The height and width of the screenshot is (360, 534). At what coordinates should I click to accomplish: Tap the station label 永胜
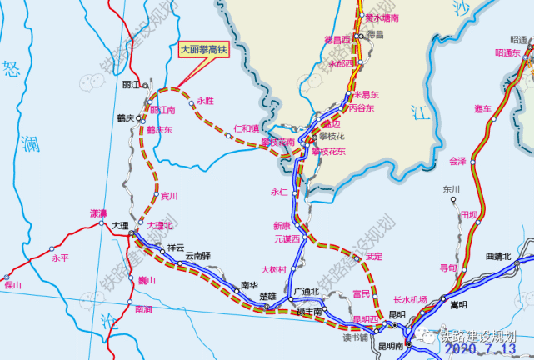coord(205,101)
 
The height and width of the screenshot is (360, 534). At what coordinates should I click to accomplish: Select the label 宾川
coord(169,196)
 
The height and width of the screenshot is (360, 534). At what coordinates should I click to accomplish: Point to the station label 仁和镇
coord(246,129)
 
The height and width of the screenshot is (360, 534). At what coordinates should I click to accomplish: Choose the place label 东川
coord(452,189)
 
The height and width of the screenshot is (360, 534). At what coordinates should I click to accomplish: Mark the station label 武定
coord(373,257)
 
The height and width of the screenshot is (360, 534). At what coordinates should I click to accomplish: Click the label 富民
coord(361,293)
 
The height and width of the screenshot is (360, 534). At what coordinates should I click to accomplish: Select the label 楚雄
coord(267,296)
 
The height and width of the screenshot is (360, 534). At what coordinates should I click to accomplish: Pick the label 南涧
coord(143,309)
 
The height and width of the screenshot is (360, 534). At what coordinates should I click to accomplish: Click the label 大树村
coord(273,269)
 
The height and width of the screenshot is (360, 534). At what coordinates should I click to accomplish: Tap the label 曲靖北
coord(499,255)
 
